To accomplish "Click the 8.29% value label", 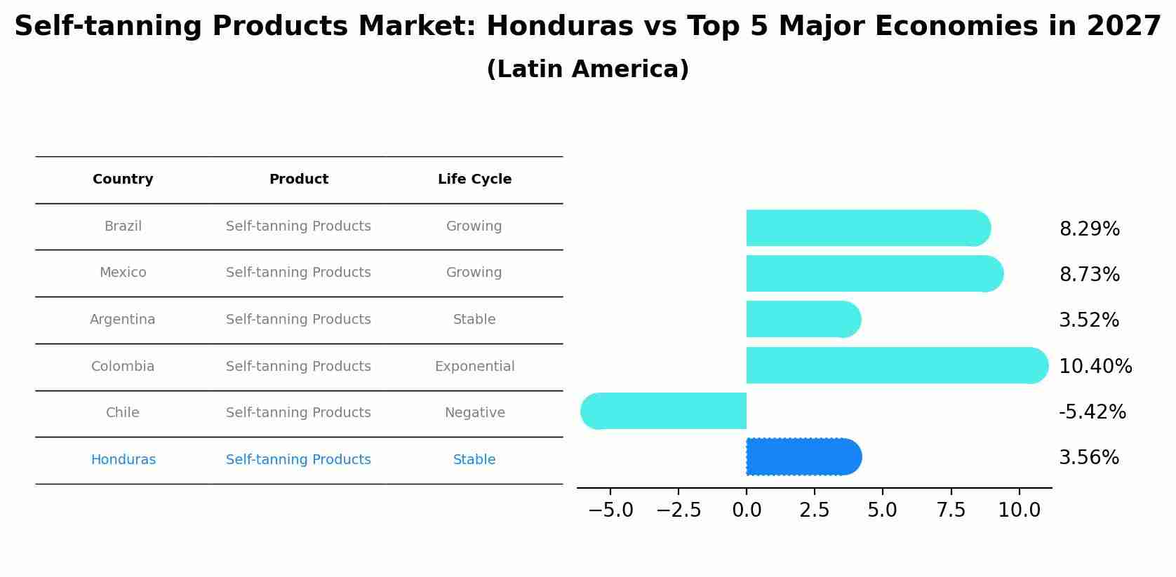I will [1089, 229].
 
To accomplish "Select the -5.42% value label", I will [1092, 412].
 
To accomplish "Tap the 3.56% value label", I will [1088, 458].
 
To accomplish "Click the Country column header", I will [123, 179].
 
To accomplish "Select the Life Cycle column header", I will [474, 179].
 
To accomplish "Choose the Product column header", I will [298, 179].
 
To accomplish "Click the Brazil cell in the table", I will [123, 226].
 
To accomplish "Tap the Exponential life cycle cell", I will [474, 367].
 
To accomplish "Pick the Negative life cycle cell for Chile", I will [474, 413].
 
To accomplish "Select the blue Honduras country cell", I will [123, 460].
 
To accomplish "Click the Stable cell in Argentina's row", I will [474, 320].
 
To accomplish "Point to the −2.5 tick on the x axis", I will [679, 510].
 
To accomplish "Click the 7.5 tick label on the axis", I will [951, 510].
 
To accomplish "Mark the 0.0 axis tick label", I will [747, 510].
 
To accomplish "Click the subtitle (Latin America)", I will [587, 69].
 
